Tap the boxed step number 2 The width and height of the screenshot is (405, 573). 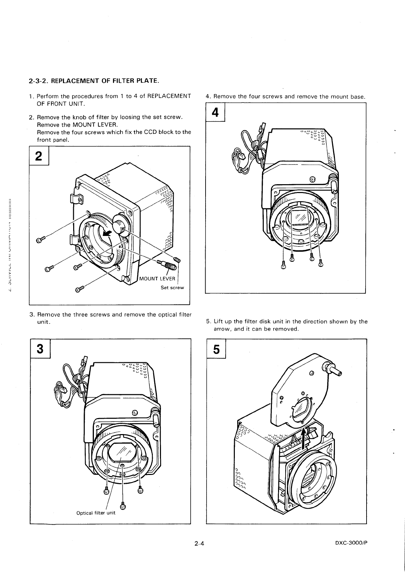point(39,156)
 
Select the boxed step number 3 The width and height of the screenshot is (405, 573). point(40,349)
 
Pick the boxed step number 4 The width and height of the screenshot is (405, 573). point(215,113)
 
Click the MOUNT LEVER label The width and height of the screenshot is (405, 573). point(158,279)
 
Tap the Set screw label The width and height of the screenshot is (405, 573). point(172,288)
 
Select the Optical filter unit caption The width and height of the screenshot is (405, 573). point(96,513)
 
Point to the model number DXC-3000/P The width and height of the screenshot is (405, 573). point(352,543)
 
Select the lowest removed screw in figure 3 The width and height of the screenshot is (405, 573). point(123,506)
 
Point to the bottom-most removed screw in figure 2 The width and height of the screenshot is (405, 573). point(79,289)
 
